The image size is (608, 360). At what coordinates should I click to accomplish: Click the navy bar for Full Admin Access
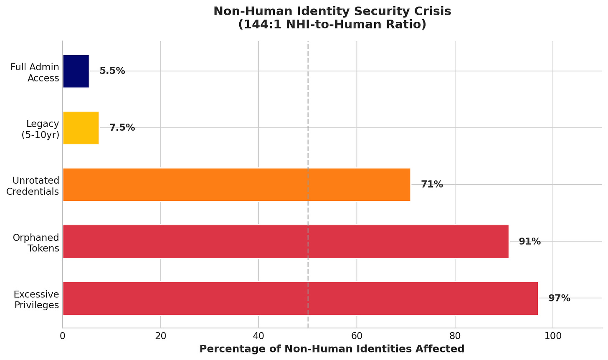pyautogui.click(x=76, y=71)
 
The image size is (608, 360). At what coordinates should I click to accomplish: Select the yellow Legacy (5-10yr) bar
pyautogui.click(x=81, y=128)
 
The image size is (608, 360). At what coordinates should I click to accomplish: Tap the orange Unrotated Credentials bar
pyautogui.click(x=236, y=185)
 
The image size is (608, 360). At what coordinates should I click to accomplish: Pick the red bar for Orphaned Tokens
pyautogui.click(x=286, y=241)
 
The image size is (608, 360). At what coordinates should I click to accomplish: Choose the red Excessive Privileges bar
pyautogui.click(x=300, y=298)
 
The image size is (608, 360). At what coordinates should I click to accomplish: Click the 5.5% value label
pyautogui.click(x=112, y=71)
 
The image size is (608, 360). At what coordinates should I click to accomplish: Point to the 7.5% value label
pyautogui.click(x=122, y=128)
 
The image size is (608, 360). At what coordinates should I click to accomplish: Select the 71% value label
pyautogui.click(x=432, y=185)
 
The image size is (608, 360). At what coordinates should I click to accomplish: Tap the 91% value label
pyautogui.click(x=529, y=241)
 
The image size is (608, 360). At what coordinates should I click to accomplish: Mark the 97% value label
pyautogui.click(x=559, y=298)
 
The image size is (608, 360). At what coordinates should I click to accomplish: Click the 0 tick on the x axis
pyautogui.click(x=63, y=336)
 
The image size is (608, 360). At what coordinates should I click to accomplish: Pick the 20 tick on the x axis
pyautogui.click(x=160, y=336)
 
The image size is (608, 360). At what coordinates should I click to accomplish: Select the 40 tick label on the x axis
pyautogui.click(x=258, y=336)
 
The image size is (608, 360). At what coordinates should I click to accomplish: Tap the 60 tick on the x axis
pyautogui.click(x=357, y=336)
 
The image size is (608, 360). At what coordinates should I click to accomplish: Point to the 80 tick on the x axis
pyautogui.click(x=455, y=336)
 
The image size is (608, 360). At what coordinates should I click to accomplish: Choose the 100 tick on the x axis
pyautogui.click(x=553, y=336)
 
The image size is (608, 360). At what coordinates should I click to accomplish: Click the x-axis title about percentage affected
pyautogui.click(x=332, y=349)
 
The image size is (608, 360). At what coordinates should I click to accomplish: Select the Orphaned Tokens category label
pyautogui.click(x=36, y=243)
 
